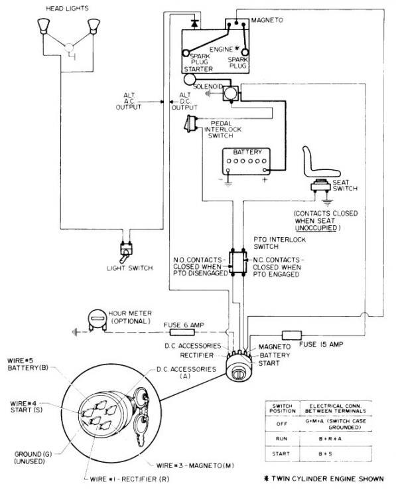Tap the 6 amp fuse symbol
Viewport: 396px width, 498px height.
click(x=176, y=329)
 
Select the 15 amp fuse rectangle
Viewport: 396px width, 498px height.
click(x=291, y=335)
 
